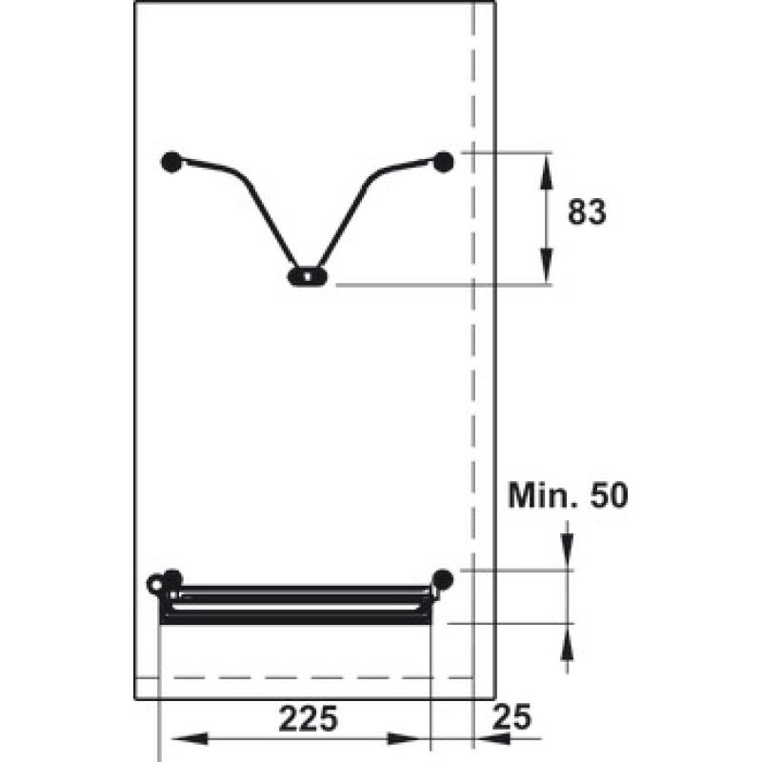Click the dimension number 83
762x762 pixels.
587,211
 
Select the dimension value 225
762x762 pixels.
308,719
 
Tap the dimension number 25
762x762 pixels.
511,717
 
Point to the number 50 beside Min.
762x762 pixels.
609,495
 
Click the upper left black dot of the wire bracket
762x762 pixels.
171,162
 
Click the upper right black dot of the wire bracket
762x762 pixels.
443,162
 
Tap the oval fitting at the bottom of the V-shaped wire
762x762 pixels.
307,277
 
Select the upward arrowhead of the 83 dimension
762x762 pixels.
547,172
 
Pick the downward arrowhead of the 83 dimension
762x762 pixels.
547,266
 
